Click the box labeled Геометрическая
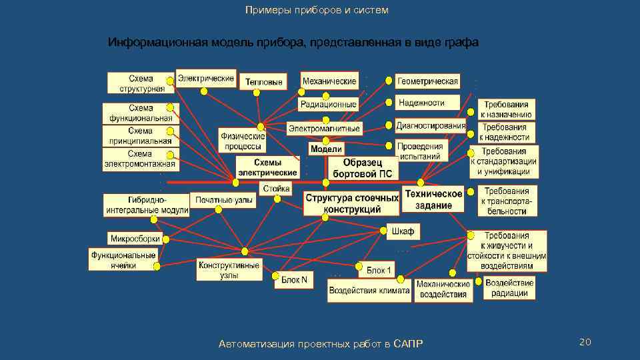tap(428, 81)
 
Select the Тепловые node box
tap(263, 82)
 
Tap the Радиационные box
tap(329, 105)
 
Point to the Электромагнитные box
tap(324, 128)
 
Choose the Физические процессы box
tap(243, 141)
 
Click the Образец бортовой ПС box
tap(363, 168)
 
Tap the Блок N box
tap(294, 280)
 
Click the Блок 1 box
tap(380, 270)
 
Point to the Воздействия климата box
tap(369, 291)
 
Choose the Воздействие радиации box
tap(509, 288)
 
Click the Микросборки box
tap(135, 238)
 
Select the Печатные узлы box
tap(223, 200)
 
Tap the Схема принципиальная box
tap(140, 136)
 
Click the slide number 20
tap(585, 342)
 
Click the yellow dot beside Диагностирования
tap(389, 125)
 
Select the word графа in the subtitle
tap(459, 43)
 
